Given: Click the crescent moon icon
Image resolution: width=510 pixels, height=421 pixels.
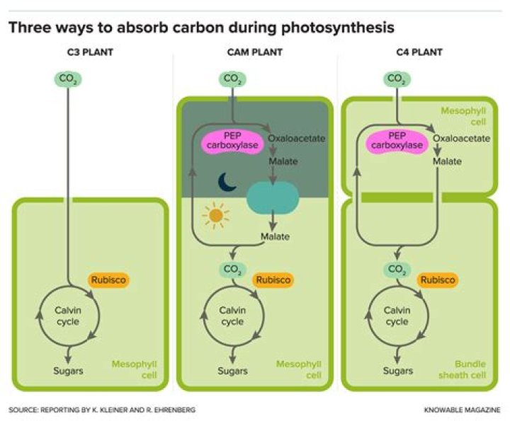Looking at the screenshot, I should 227,183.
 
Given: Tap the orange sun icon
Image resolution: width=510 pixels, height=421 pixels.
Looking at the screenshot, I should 212,214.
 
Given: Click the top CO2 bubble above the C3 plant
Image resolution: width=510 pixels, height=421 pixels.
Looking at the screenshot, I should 67,79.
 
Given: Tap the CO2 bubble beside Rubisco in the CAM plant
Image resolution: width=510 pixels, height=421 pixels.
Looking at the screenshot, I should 231,269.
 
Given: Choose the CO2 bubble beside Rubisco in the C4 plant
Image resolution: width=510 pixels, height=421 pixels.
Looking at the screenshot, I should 397,269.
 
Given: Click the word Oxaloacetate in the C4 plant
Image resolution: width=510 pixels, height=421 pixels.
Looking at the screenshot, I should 461,138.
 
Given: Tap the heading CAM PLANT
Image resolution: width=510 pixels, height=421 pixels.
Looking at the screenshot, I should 254,52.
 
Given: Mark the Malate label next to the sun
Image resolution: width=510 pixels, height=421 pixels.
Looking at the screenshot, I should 275,236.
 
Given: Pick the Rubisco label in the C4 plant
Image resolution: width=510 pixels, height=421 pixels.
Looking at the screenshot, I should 437,280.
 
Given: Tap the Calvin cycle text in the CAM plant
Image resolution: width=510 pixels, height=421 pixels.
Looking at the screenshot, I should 232,316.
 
